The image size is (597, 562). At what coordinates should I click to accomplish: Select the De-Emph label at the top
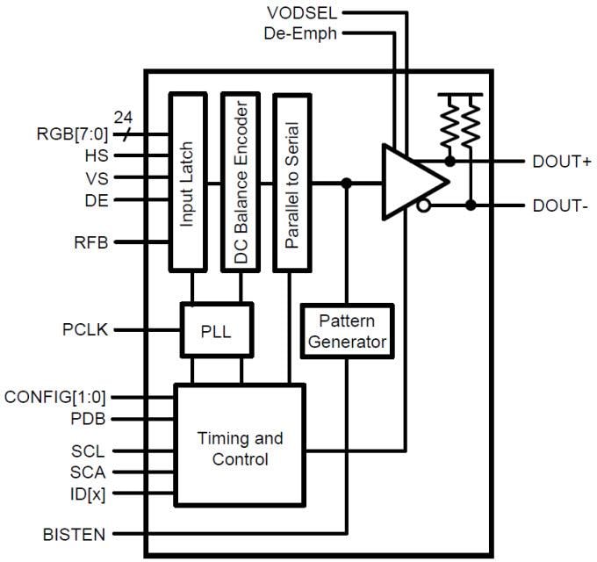click(300, 33)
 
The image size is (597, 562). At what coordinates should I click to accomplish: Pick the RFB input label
click(90, 242)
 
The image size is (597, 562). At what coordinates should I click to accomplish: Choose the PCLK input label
click(84, 330)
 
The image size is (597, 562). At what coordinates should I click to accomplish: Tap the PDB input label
click(89, 419)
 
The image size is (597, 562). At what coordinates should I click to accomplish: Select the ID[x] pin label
click(89, 494)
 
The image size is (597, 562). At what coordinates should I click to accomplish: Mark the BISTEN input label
click(75, 534)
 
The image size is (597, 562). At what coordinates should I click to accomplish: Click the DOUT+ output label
click(562, 162)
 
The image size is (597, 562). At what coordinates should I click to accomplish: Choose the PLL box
click(216, 330)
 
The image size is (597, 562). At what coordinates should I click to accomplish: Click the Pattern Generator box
click(347, 330)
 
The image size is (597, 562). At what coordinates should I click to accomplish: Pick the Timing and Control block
click(240, 446)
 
